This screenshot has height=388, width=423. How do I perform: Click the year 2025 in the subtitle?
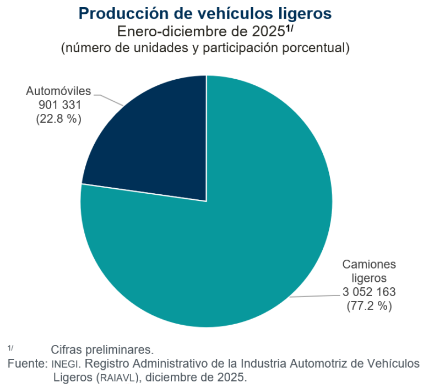point(268,31)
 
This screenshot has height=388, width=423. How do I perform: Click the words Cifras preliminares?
point(102,349)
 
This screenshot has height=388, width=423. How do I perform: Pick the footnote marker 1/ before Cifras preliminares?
point(10,347)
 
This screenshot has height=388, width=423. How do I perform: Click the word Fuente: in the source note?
point(28,364)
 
